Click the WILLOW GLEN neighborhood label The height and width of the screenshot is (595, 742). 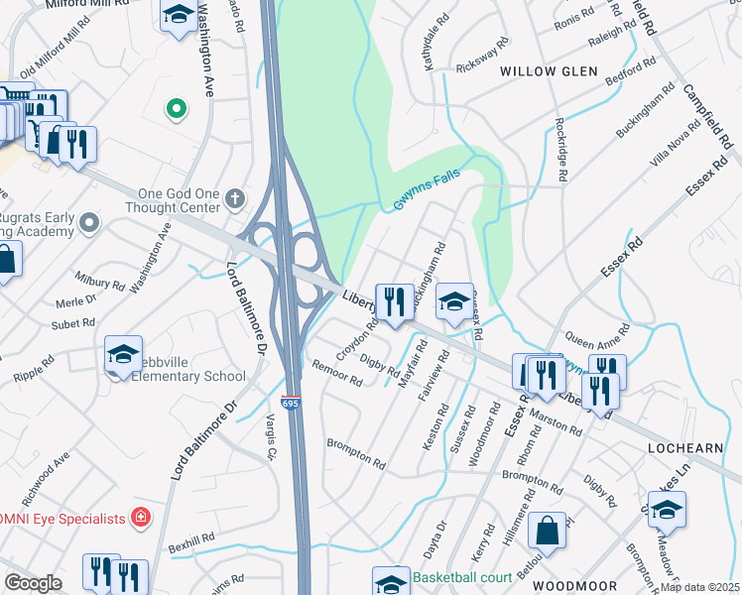coord(549,71)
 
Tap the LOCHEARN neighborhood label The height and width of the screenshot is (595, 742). coord(684,448)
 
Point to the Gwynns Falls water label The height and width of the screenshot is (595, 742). coord(429,178)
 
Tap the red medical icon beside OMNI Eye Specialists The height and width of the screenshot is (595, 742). coord(141,518)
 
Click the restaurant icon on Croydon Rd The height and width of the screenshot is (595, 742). coord(395,300)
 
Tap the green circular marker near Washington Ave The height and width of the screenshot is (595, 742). coord(177,108)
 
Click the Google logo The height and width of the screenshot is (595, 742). coord(33,583)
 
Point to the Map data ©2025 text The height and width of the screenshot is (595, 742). coord(700,587)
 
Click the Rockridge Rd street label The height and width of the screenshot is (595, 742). coord(560,149)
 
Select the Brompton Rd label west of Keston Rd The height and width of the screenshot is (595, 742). coord(356,454)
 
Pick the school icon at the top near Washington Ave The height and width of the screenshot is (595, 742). coord(178,14)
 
